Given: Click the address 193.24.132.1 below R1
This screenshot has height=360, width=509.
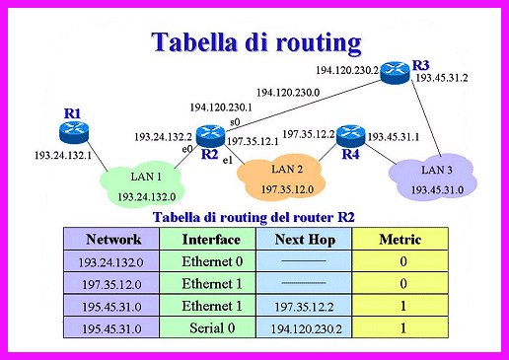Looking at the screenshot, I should tap(62, 155).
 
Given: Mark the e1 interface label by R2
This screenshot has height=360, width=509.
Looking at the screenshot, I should tap(227, 159).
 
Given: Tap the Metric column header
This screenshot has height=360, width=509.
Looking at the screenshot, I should tap(401, 239).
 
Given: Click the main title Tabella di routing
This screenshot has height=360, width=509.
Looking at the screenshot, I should tap(254, 41).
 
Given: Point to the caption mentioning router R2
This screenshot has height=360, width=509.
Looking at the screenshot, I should tap(254, 216).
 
